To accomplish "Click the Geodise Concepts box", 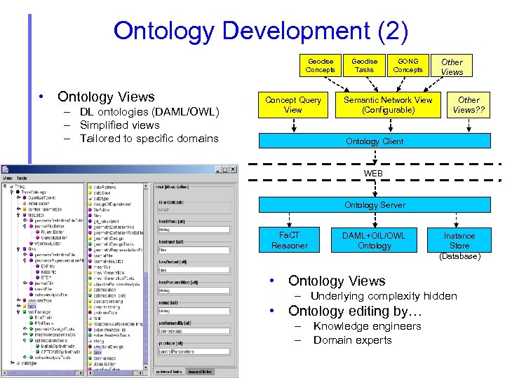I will point(321,65).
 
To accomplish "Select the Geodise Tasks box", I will point(364,65).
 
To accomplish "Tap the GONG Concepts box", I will point(408,65).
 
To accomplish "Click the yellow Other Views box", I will point(452,66).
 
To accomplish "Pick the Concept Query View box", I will point(292,105).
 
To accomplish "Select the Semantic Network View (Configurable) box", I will point(388,105).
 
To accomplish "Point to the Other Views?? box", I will point(469,105).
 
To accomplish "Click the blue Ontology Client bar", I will point(374,141).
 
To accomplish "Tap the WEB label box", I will point(373,173).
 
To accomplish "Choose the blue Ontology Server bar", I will point(374,205).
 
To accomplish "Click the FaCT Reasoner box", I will point(289,240).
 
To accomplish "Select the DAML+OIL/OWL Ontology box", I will point(374,240).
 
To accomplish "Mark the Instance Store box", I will point(459,240).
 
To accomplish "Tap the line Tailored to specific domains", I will point(149,139).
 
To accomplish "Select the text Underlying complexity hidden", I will point(384,296).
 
